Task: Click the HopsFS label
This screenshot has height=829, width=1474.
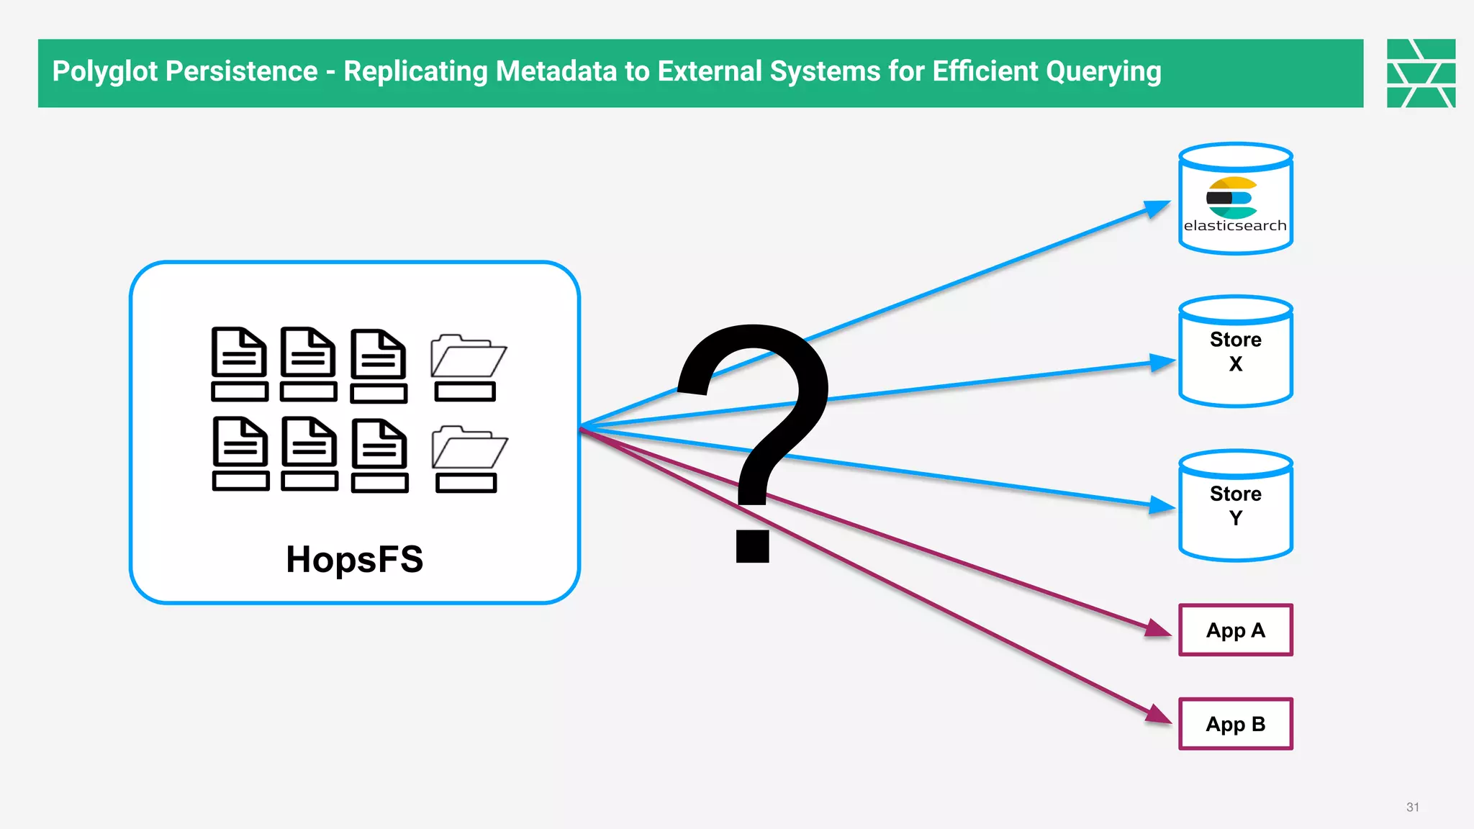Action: click(354, 559)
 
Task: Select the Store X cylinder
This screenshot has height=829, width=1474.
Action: click(1235, 352)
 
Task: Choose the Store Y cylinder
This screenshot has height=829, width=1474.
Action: click(1235, 506)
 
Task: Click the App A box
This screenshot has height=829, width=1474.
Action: click(1235, 630)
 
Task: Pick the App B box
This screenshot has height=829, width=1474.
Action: click(1235, 724)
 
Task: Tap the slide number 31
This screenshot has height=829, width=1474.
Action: click(1412, 807)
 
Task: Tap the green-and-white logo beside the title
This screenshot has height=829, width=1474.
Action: click(1421, 73)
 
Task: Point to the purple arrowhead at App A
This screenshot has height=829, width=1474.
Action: click(1157, 628)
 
